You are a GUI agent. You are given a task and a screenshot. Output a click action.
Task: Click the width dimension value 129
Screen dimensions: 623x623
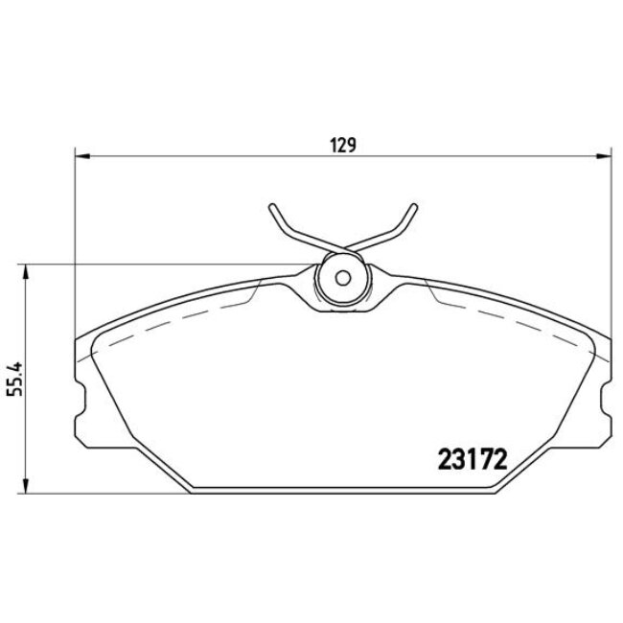coord(343,146)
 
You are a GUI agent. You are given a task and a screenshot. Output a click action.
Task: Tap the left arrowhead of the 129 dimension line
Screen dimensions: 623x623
coord(81,154)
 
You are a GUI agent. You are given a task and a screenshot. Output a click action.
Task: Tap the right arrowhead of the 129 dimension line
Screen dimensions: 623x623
coord(605,154)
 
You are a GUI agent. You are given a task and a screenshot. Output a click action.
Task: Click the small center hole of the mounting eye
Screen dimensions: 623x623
coord(342,280)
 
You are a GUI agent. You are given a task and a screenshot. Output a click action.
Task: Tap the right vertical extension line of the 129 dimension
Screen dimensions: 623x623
coord(611,240)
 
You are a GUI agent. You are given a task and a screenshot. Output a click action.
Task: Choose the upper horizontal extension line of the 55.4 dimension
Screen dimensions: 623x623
coord(173,265)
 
